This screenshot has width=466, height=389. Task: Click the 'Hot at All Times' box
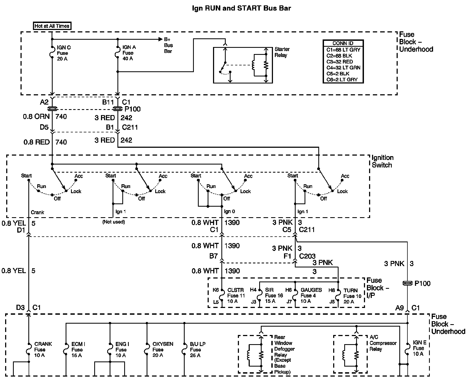pyautogui.click(x=52, y=26)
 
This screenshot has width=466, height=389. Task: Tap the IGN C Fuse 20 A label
pyautogui.click(x=64, y=53)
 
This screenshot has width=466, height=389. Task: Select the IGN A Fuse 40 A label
pyautogui.click(x=129, y=53)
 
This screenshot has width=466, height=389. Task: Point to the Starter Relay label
pyautogui.click(x=282, y=52)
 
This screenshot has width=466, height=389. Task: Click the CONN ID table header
pyautogui.click(x=343, y=43)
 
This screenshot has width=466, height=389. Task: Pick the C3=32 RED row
pyautogui.click(x=340, y=62)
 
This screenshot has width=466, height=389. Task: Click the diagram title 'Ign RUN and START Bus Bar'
pyautogui.click(x=241, y=8)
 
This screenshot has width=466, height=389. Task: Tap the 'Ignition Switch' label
pyautogui.click(x=382, y=161)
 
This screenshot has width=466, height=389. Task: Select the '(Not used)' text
pyautogui.click(x=113, y=222)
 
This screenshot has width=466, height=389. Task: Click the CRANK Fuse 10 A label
pyautogui.click(x=43, y=350)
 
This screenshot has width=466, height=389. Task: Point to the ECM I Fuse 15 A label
pyautogui.click(x=78, y=350)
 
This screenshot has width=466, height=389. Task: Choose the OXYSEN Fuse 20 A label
pyautogui.click(x=163, y=350)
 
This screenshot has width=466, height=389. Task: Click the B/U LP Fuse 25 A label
pyautogui.click(x=197, y=350)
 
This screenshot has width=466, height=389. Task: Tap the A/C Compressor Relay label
pyautogui.click(x=383, y=343)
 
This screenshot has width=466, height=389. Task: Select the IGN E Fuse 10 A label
pyautogui.click(x=419, y=348)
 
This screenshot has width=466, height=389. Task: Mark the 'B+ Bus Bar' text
pyautogui.click(x=168, y=45)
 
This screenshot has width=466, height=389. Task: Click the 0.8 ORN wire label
pyautogui.click(x=36, y=116)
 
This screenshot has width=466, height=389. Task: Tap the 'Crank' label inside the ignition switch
pyautogui.click(x=37, y=212)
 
